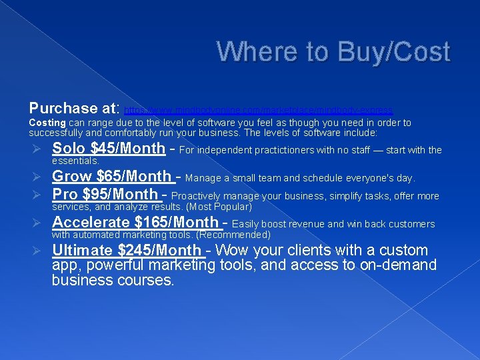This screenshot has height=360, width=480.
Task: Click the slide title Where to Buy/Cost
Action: [x=333, y=52]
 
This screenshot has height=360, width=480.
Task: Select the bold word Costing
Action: [x=47, y=123]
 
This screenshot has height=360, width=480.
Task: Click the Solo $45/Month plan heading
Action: [x=108, y=149]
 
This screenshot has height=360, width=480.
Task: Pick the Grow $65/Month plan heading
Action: [x=112, y=177]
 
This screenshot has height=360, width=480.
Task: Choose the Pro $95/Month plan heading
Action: [x=105, y=195]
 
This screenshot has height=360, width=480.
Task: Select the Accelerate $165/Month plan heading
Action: [x=135, y=223]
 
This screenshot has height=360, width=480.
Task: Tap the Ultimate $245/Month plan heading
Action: [x=127, y=251]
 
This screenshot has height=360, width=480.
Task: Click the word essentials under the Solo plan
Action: [x=75, y=161]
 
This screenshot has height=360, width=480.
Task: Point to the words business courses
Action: [x=113, y=281]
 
